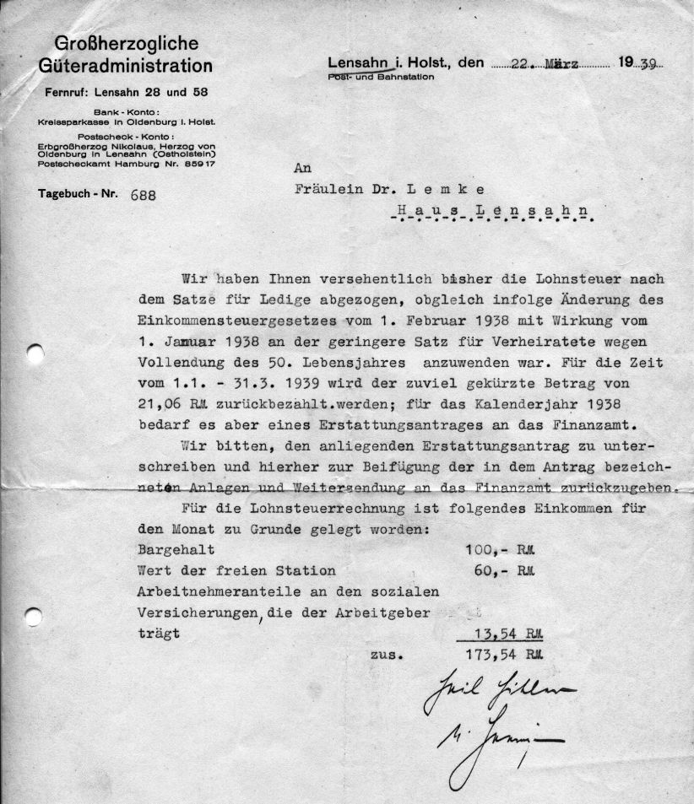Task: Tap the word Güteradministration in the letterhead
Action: pos(126,65)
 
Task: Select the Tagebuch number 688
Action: pos(144,194)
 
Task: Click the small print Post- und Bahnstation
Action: pos(381,77)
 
